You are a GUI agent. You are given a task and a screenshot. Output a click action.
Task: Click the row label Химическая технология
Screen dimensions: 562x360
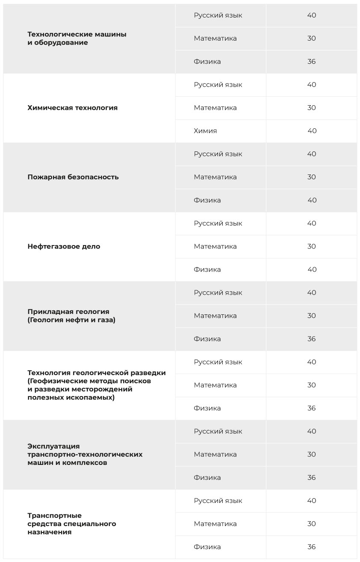(72, 108)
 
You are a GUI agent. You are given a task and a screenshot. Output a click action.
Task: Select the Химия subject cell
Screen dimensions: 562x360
(205, 131)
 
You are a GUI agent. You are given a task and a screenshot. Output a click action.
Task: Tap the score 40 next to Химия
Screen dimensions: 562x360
(312, 131)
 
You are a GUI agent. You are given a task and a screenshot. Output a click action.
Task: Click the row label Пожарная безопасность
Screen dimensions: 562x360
(73, 177)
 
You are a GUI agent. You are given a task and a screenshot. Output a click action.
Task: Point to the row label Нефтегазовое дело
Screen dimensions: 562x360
(64, 246)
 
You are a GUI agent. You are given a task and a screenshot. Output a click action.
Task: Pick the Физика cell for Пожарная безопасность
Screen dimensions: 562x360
(207, 200)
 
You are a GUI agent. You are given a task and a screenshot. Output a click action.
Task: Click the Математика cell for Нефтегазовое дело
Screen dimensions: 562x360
(215, 246)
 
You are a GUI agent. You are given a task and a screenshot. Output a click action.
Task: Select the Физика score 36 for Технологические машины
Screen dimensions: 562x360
(311, 62)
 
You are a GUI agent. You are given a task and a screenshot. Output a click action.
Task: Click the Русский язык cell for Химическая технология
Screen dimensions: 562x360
(218, 85)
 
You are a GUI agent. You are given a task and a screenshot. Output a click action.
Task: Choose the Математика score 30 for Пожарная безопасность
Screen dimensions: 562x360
(311, 177)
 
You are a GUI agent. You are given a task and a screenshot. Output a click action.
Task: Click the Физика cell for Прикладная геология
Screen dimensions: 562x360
(207, 339)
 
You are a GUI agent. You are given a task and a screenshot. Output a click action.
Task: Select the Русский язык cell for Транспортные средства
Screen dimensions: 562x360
(218, 500)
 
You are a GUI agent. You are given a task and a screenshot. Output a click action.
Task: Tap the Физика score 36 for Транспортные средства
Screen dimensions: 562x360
(311, 547)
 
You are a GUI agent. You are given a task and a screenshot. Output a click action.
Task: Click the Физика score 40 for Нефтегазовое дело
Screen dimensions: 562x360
(312, 269)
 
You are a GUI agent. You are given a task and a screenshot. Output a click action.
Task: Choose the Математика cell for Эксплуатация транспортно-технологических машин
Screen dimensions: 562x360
(215, 454)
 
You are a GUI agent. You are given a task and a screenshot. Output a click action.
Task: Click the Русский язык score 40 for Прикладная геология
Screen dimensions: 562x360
(311, 293)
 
